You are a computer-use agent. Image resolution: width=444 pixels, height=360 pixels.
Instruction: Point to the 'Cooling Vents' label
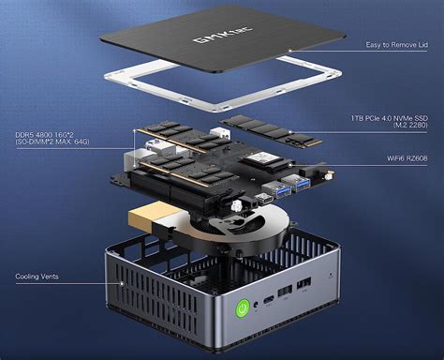coord(40,277)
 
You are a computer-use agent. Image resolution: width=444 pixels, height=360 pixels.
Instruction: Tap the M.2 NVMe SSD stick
coord(267,128)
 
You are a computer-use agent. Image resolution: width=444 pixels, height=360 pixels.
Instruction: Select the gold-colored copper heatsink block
coord(151,217)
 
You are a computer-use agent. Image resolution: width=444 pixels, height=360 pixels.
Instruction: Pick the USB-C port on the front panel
coord(269,300)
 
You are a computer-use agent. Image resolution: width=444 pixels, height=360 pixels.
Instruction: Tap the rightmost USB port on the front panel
coord(304,285)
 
